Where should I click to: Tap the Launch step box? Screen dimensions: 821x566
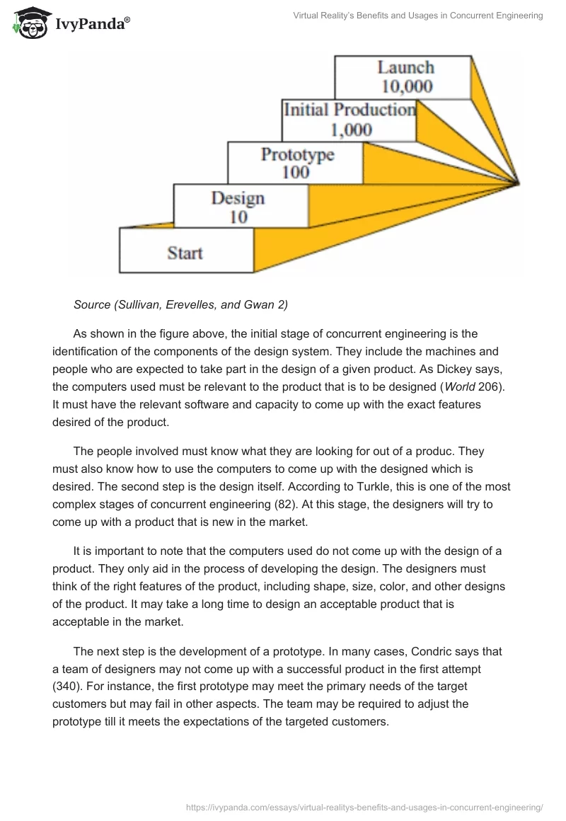tap(403, 77)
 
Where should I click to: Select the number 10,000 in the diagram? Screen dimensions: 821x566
tap(406, 87)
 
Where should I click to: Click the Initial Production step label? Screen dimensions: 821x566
tap(350, 110)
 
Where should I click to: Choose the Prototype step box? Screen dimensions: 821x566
tap(296, 163)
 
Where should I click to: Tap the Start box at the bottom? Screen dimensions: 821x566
tap(185, 252)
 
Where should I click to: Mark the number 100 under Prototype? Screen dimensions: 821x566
tap(295, 172)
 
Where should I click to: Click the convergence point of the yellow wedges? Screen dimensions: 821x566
tap(519, 185)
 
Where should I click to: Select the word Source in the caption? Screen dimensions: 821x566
tap(91, 305)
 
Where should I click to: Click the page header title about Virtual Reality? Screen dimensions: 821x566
tap(418, 16)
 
